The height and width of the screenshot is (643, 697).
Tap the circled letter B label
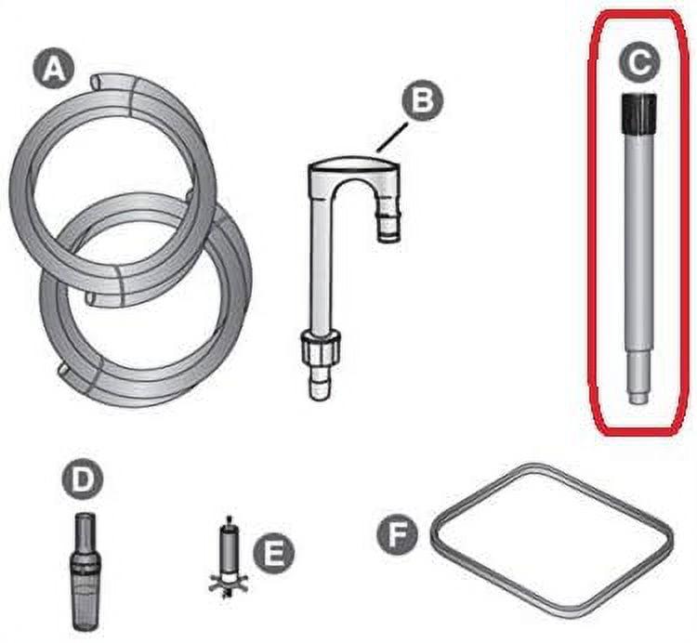tap(422, 100)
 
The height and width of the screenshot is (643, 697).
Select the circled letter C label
tap(639, 62)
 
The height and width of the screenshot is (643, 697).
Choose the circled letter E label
tap(273, 553)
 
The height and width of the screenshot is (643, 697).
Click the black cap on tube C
tap(638, 113)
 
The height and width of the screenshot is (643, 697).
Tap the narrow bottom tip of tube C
tap(638, 398)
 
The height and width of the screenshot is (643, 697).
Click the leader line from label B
tap(391, 138)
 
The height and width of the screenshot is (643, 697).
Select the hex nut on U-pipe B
tap(321, 348)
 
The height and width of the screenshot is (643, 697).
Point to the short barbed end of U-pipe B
tap(389, 220)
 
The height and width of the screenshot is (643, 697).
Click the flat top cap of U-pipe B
tap(354, 165)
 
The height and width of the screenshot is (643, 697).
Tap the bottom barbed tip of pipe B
tap(321, 384)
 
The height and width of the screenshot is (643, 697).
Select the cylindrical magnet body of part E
tap(229, 550)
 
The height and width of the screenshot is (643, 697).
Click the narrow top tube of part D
tap(85, 531)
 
